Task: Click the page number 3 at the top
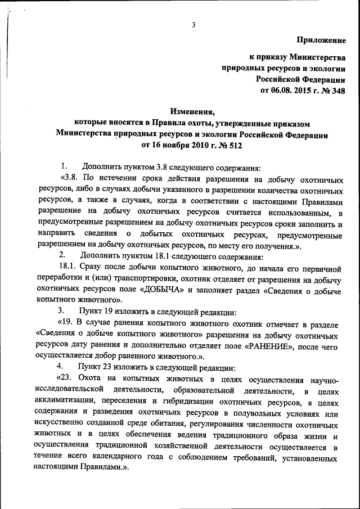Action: pyautogui.click(x=193, y=25)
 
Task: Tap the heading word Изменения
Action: pyautogui.click(x=192, y=111)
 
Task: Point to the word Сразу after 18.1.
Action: pyautogui.click(x=91, y=267)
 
